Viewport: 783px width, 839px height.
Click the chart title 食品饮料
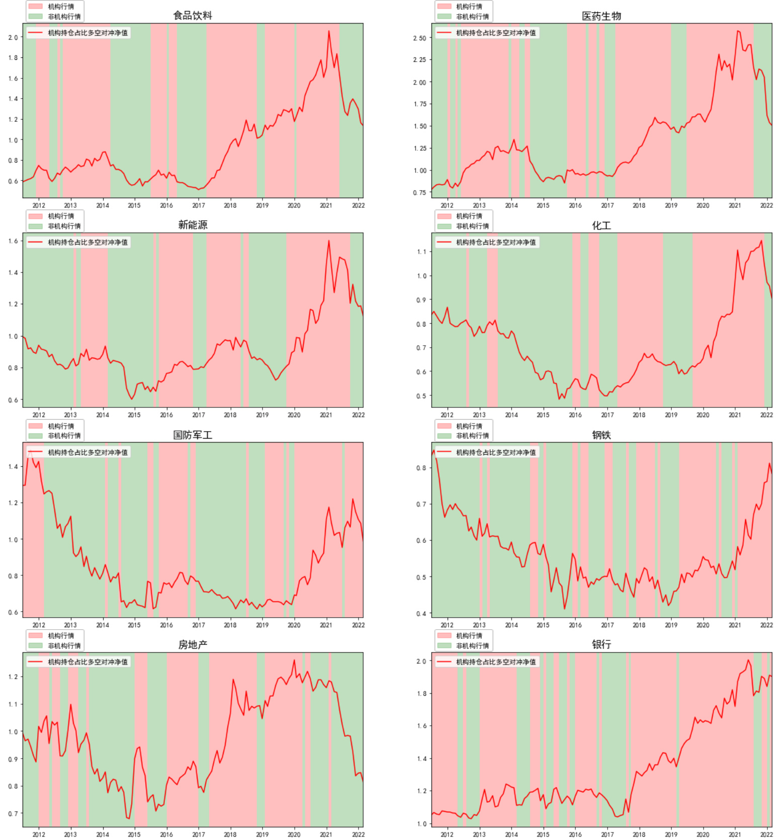[x=193, y=16]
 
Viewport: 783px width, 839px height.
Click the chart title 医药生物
[x=601, y=16]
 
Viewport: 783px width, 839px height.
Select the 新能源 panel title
[x=193, y=225]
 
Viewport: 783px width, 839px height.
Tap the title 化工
[x=601, y=225]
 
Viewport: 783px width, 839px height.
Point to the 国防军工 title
[x=193, y=435]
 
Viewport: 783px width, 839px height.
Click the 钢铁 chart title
[x=601, y=435]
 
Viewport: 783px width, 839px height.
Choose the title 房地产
[x=193, y=645]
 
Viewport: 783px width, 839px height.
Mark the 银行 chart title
[x=601, y=644]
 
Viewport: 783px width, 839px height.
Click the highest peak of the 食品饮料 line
[x=329, y=31]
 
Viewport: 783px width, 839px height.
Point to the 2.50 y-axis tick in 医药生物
[x=419, y=38]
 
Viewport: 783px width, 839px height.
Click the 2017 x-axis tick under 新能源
[x=199, y=415]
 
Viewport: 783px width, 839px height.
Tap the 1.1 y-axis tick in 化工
[x=421, y=251]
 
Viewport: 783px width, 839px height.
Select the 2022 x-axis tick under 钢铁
[x=766, y=625]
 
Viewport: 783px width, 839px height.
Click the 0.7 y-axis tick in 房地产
[x=13, y=813]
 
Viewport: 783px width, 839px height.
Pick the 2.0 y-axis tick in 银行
[x=421, y=661]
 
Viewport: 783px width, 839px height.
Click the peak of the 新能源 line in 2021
[x=329, y=240]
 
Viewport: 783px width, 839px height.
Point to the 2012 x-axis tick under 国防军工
[x=39, y=625]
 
